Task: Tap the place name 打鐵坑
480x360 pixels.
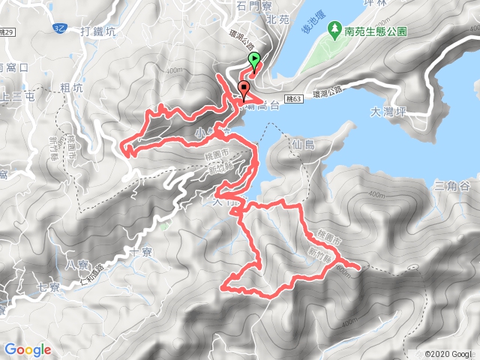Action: pyautogui.click(x=99, y=32)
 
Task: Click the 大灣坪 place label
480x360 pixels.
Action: pyautogui.click(x=387, y=111)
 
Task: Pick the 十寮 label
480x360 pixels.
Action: pyautogui.click(x=141, y=253)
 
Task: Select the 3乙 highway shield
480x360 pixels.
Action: pyautogui.click(x=61, y=28)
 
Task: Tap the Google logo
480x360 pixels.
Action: pyautogui.click(x=28, y=349)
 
